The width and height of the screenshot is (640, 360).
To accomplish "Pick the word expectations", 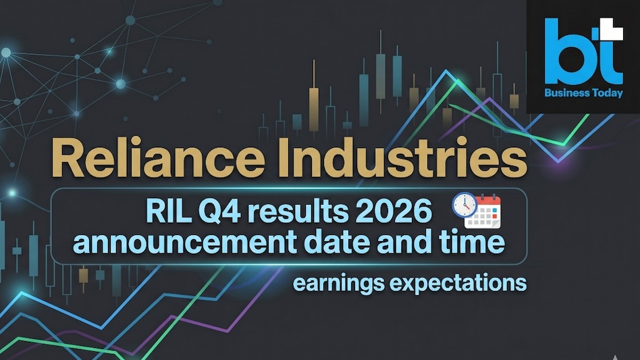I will tap(457, 282).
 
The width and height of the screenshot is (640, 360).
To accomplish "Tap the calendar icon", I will tap(485, 212).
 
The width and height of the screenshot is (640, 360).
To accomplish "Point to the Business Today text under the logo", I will tap(584, 94).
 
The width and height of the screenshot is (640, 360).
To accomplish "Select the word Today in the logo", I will tap(607, 94).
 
